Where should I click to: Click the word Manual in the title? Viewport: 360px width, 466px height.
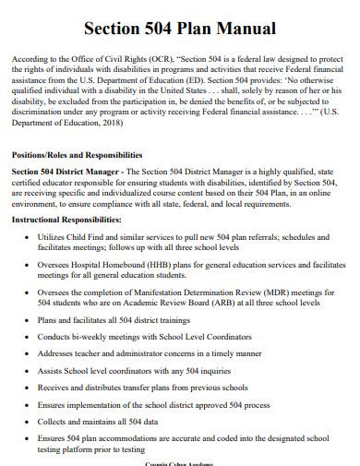coord(244,28)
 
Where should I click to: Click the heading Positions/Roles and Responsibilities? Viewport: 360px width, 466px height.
coord(77,154)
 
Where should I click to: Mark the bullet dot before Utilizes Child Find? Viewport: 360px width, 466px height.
coord(26,237)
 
